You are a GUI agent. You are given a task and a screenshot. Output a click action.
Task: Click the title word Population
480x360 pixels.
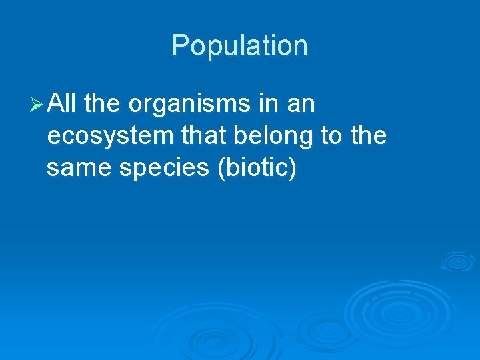point(239,46)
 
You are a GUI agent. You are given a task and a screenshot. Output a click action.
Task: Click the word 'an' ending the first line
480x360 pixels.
point(301,105)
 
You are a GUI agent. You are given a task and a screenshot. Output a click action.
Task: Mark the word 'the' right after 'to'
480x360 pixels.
point(369,135)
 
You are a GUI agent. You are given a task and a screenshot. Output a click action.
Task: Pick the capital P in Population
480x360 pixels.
point(180,46)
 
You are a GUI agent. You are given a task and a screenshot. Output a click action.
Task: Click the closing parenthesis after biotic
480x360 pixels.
point(291,169)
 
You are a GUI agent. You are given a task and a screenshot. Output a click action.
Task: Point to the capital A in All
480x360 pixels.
point(57,104)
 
